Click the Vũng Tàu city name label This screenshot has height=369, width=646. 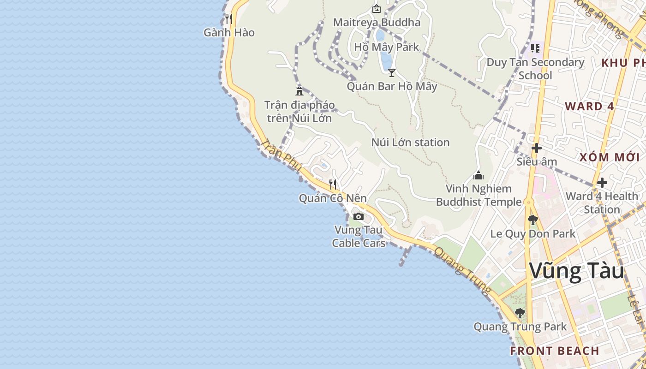576,271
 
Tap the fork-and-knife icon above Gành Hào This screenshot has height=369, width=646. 228,19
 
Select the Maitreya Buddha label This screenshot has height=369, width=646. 377,22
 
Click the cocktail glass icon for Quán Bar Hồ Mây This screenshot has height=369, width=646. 392,72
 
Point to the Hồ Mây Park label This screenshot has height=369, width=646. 387,47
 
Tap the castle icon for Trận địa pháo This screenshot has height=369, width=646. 299,91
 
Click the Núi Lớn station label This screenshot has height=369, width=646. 410,143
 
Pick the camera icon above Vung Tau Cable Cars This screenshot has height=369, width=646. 359,216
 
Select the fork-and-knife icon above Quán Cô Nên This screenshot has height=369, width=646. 333,184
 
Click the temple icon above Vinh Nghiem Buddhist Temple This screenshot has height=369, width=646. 479,175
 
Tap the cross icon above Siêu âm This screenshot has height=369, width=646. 536,148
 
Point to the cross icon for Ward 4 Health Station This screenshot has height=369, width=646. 602,183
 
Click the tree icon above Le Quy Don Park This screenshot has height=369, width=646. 533,220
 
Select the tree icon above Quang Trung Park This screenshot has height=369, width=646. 520,313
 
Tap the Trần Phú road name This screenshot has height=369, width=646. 281,155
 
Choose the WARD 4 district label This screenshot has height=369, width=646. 589,107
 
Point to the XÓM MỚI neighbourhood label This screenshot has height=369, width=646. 610,157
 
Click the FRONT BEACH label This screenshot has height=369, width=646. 554,351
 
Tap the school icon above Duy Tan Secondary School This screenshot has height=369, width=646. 535,48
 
